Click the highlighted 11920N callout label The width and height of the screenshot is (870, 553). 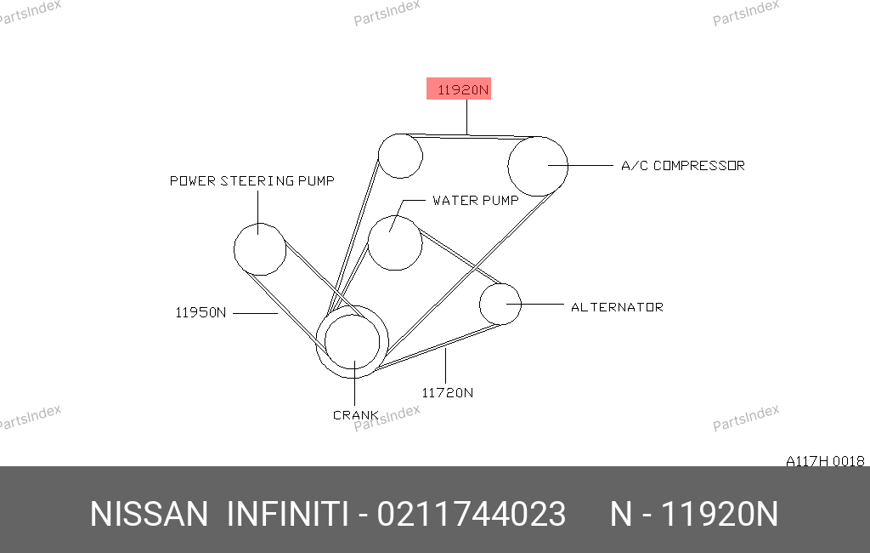458,89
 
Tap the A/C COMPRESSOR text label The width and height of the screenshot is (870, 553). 682,166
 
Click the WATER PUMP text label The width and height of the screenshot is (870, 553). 476,200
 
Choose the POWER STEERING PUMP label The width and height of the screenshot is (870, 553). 251,180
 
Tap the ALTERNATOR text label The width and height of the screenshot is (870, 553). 617,307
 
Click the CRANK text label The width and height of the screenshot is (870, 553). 356,415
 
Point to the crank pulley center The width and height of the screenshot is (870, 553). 353,342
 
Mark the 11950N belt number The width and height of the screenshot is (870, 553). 201,312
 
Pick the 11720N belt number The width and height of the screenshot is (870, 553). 447,393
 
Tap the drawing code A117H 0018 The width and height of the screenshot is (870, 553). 825,461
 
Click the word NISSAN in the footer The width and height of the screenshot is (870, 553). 149,514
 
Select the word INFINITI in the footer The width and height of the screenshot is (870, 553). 287,514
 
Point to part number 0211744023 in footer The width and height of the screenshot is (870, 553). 471,514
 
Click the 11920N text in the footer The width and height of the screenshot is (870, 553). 720,514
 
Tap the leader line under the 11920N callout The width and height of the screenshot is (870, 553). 466,117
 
